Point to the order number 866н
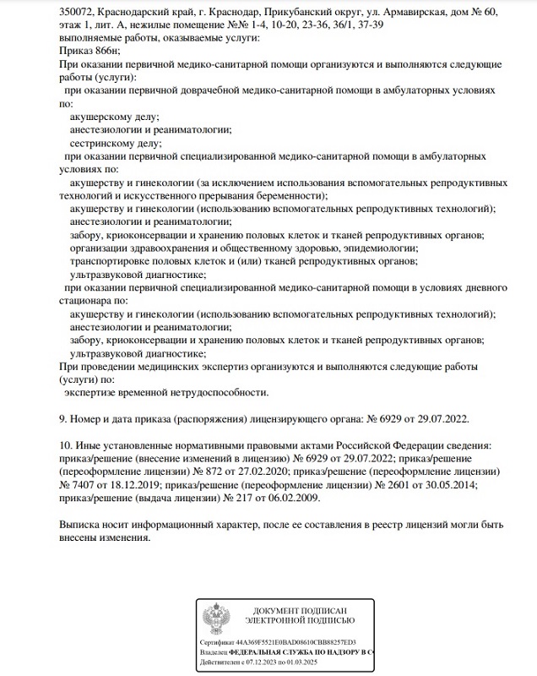click(107, 52)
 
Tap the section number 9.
click(62, 418)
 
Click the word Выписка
click(84, 525)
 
